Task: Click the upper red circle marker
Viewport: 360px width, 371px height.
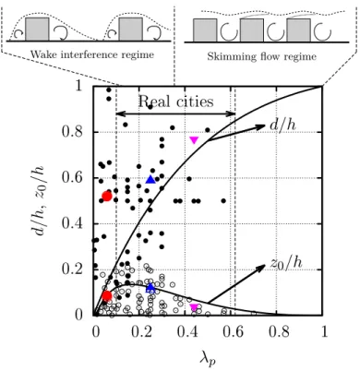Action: coord(107,196)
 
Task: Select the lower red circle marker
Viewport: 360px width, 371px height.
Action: coord(107,296)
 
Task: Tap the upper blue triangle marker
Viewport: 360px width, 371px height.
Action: coord(150,179)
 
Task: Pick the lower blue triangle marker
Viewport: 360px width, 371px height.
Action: coord(150,288)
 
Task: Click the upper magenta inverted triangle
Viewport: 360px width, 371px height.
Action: coord(194,140)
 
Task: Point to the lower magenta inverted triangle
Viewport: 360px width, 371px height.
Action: coord(194,307)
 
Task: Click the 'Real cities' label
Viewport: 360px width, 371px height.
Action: coord(175,102)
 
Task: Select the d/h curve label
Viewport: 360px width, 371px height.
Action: coord(282,125)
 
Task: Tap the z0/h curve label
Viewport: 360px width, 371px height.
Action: coord(286,263)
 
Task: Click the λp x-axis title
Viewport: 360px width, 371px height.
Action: coord(208,358)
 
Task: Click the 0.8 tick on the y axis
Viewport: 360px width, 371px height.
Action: coord(72,132)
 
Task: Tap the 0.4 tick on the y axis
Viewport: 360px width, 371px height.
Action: coord(72,223)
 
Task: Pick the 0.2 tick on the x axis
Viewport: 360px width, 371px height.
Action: coord(142,332)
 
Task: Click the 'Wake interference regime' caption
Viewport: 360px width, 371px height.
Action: coord(92,55)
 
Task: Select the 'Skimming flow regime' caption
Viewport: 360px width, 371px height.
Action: coord(262,56)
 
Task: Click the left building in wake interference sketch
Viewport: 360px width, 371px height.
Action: coord(37,29)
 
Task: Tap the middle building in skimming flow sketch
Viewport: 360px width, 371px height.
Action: coord(252,30)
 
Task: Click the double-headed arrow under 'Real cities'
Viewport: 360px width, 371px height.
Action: coord(175,114)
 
